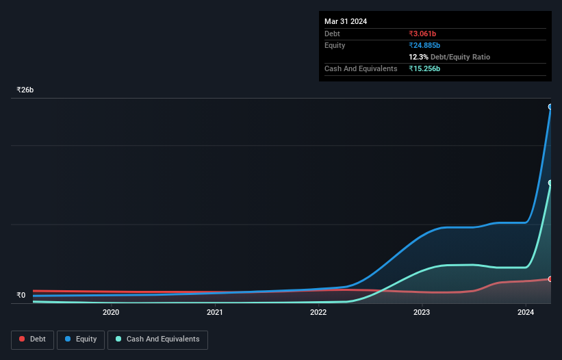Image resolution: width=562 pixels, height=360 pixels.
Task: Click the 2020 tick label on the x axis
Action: pos(111,313)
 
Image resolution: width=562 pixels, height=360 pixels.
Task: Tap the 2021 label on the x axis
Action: pos(215,313)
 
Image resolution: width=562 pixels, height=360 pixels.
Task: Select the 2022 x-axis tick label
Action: pos(318,313)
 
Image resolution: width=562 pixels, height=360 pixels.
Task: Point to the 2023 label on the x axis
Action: pos(422,313)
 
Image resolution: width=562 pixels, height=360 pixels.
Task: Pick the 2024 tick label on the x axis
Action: pos(526,313)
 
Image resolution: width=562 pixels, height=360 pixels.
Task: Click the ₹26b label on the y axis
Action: pos(25,90)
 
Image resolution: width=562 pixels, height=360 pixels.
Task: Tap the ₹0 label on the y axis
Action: pos(21,296)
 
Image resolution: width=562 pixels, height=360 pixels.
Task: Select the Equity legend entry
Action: pos(81,339)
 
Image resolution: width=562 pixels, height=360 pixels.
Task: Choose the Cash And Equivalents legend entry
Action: pos(157,339)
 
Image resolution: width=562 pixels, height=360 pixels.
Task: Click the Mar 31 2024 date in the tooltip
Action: pos(346,21)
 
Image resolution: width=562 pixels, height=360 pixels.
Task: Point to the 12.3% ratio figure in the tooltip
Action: pos(418,57)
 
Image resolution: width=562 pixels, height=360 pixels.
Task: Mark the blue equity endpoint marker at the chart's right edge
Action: pos(550,107)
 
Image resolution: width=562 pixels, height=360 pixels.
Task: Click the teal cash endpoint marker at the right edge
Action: pos(550,183)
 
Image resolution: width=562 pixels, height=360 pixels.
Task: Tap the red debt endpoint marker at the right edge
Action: pos(550,279)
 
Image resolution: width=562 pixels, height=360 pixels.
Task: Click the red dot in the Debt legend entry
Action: pos(23,339)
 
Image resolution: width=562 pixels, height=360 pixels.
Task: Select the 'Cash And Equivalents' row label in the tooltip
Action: pos(361,68)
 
